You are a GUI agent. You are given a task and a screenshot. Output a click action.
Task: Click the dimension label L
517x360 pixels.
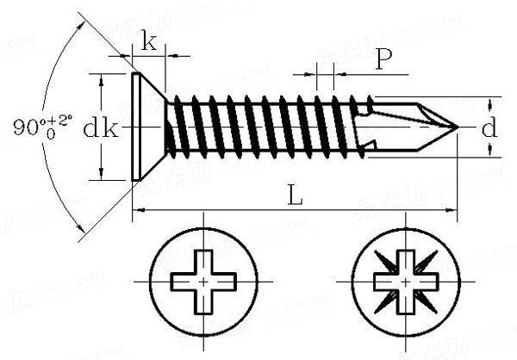[x=295, y=196]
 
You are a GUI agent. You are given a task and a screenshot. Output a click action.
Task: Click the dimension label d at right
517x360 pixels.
[x=489, y=129]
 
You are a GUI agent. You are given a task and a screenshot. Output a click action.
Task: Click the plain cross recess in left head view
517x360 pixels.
[x=202, y=282]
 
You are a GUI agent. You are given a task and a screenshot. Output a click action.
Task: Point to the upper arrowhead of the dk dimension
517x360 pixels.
[x=102, y=78]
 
